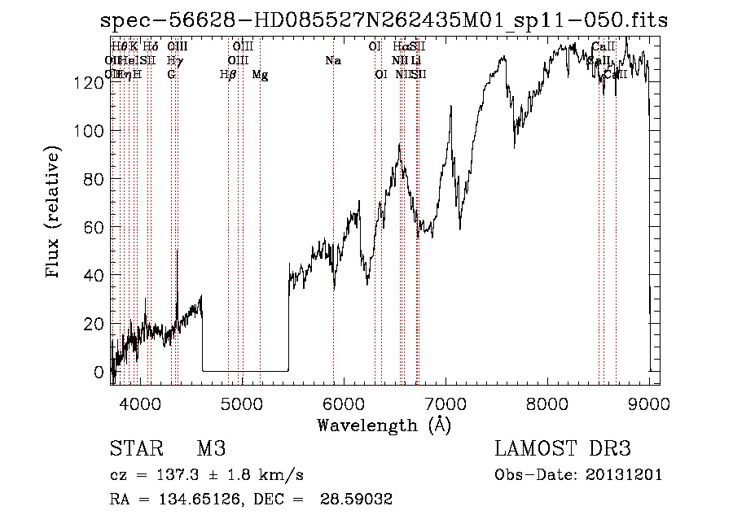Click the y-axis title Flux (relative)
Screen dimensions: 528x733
[x=55, y=213]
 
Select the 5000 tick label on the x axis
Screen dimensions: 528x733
[x=242, y=403]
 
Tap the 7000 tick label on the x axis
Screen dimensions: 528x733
[x=446, y=403]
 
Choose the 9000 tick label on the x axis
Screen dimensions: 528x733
[x=649, y=403]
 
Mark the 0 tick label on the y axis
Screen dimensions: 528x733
[x=100, y=372]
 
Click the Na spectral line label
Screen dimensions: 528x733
[x=332, y=60]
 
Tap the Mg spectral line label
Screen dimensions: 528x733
[x=260, y=75]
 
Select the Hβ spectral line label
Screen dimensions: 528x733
[x=228, y=75]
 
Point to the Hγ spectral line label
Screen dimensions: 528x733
[x=173, y=60]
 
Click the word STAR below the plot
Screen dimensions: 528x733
[x=134, y=449]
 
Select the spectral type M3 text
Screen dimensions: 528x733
[x=210, y=449]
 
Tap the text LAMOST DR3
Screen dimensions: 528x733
[x=562, y=449]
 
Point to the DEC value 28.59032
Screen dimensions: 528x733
[x=358, y=500]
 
